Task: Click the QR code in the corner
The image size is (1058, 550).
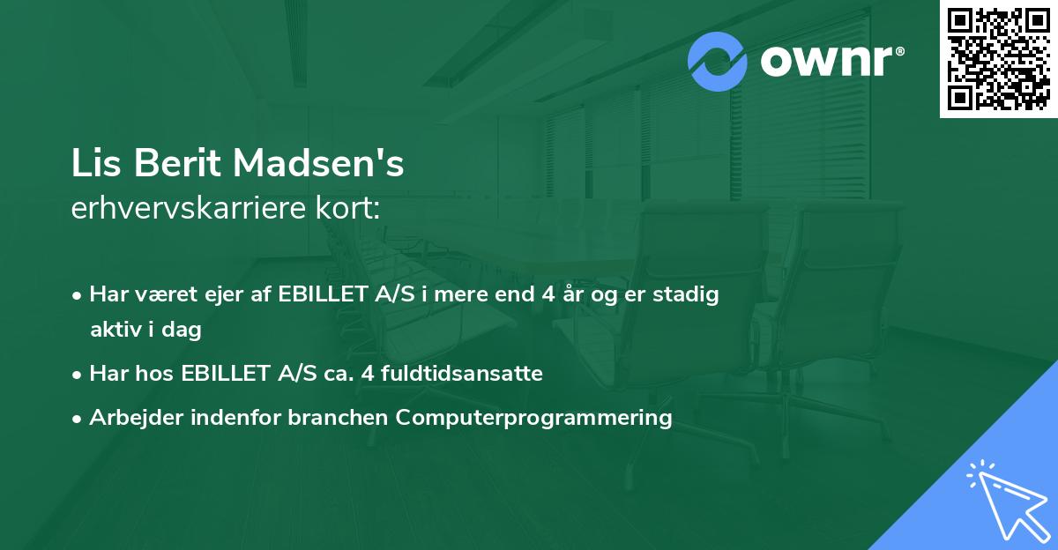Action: (998, 59)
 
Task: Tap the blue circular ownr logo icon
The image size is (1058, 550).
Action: (718, 61)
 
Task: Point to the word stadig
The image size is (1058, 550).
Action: (689, 294)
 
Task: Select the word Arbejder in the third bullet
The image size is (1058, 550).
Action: (130, 418)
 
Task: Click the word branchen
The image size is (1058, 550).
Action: (340, 418)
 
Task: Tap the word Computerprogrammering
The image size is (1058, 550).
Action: (533, 418)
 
